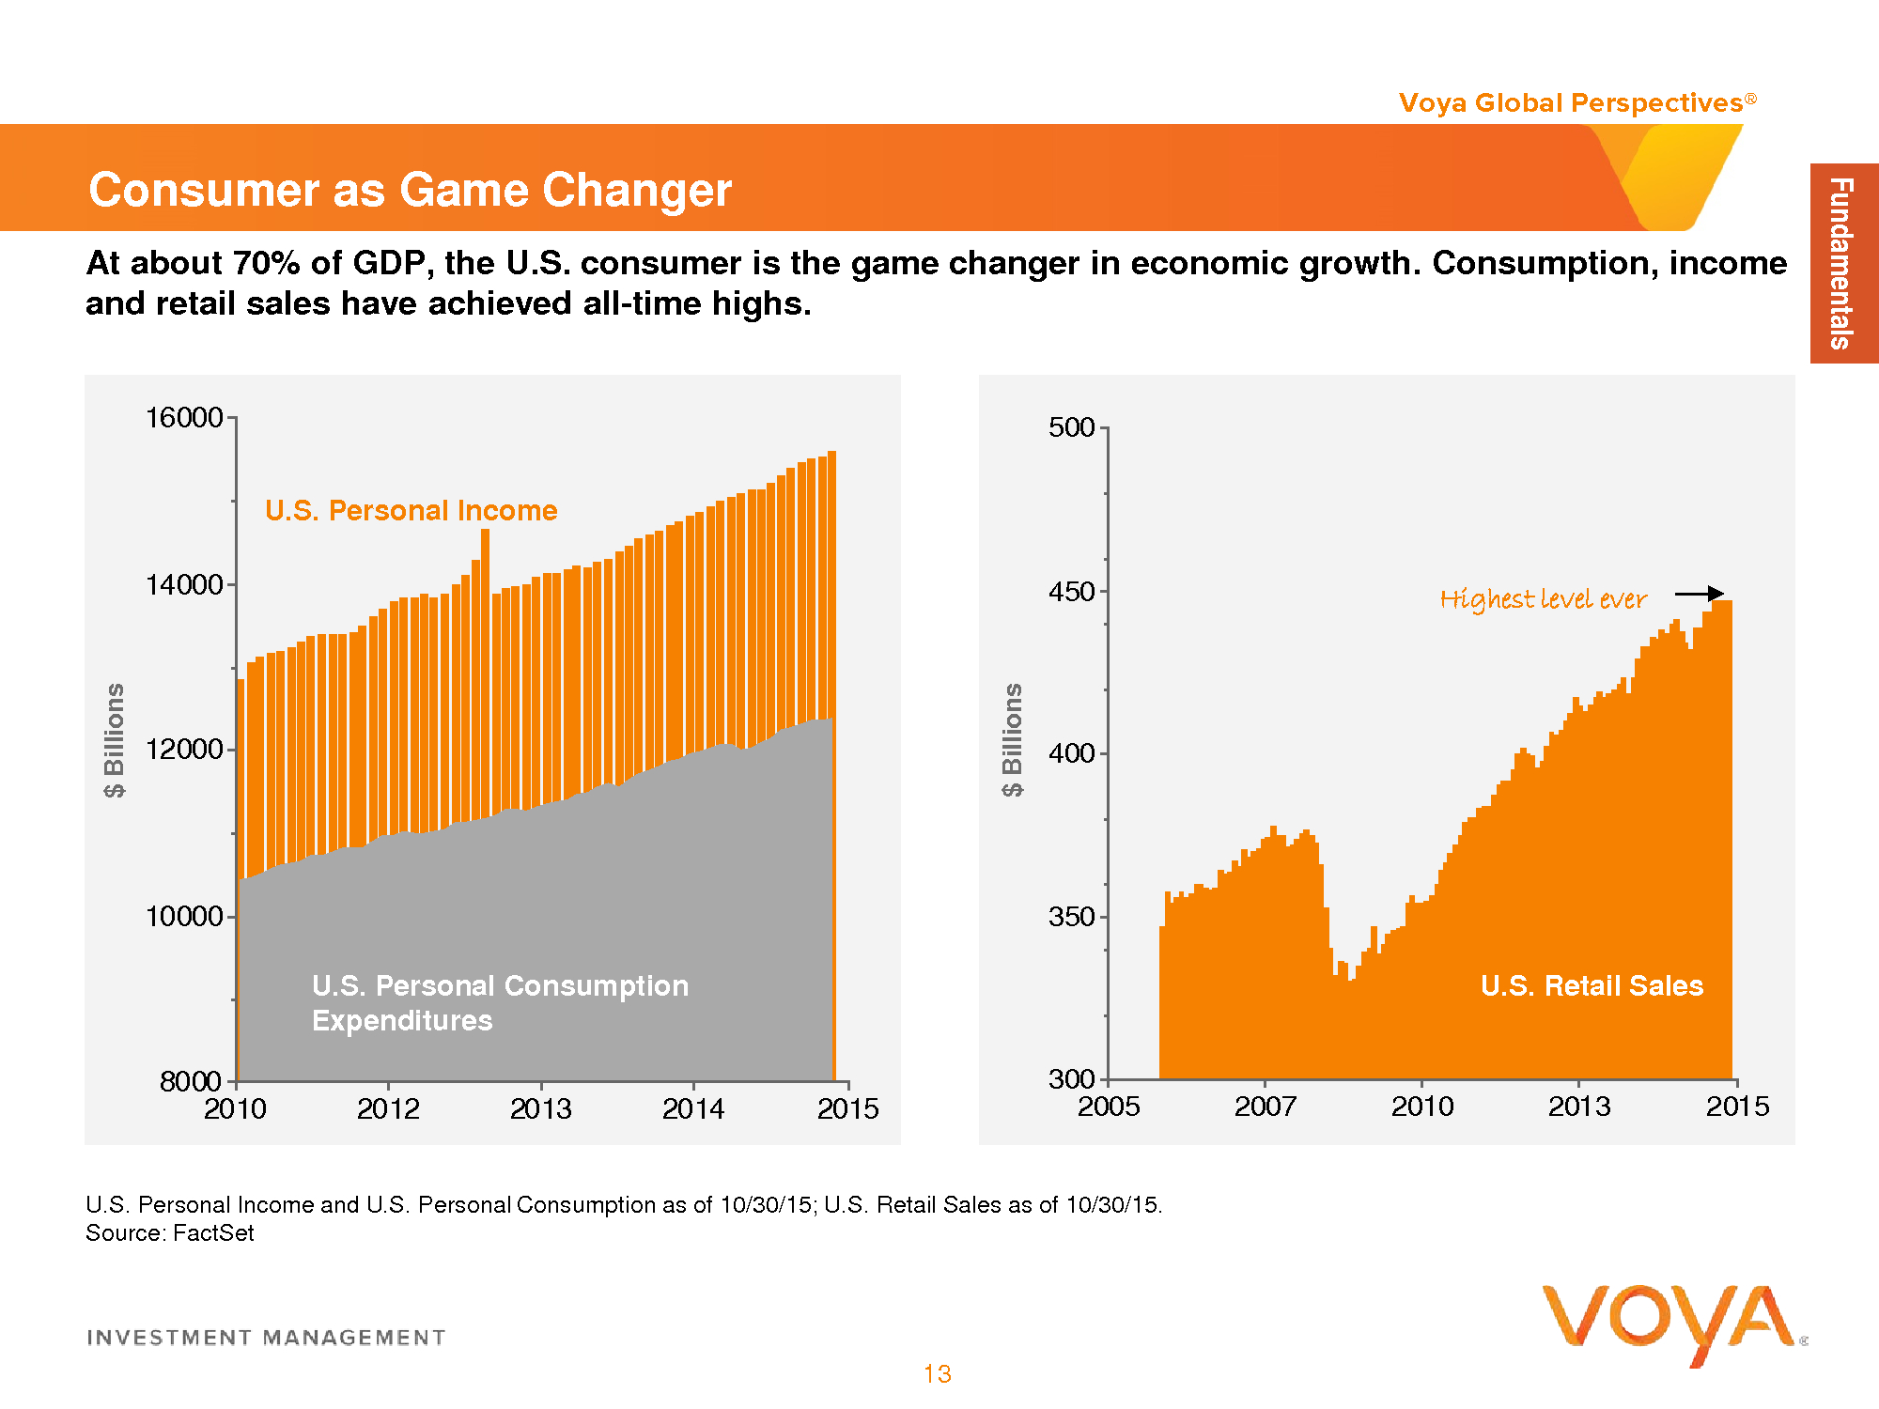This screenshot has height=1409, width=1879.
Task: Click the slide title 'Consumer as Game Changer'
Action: point(410,190)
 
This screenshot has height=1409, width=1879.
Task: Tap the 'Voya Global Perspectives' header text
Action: point(1571,102)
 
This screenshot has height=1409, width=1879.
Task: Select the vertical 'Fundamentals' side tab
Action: point(1842,263)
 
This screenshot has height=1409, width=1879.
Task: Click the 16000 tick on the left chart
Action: point(184,418)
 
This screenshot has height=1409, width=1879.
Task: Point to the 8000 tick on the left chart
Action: point(192,1081)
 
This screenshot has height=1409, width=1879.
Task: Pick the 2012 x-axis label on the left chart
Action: point(388,1109)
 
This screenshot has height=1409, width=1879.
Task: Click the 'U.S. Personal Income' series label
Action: point(411,510)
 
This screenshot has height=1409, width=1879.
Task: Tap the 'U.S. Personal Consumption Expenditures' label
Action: point(500,1002)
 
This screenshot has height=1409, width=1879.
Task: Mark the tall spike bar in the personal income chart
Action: point(485,564)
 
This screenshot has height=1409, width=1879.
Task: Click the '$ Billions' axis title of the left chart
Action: point(114,740)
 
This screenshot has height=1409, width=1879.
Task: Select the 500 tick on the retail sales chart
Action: point(1072,427)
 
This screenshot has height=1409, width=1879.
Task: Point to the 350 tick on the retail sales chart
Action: point(1072,917)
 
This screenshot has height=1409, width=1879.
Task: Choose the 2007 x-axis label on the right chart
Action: point(1266,1107)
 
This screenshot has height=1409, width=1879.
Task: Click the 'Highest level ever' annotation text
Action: point(1543,599)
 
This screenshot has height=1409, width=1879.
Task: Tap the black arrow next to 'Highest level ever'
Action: point(1700,594)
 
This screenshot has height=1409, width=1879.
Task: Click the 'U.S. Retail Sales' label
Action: point(1592,985)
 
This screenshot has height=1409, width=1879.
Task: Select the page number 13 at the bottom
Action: point(938,1374)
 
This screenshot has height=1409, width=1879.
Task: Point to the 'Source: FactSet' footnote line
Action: point(170,1233)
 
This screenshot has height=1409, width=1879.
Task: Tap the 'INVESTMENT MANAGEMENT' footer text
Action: point(266,1338)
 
